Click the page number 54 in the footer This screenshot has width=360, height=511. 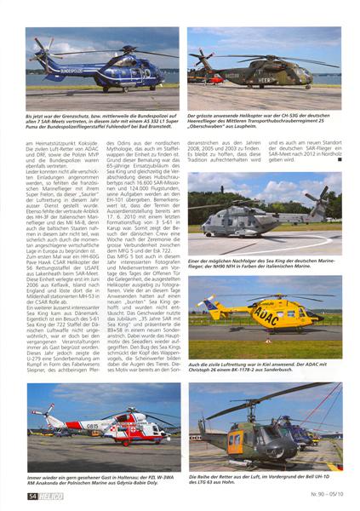pyautogui.click(x=31, y=493)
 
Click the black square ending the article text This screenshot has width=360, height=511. pyautogui.click(x=337, y=159)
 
